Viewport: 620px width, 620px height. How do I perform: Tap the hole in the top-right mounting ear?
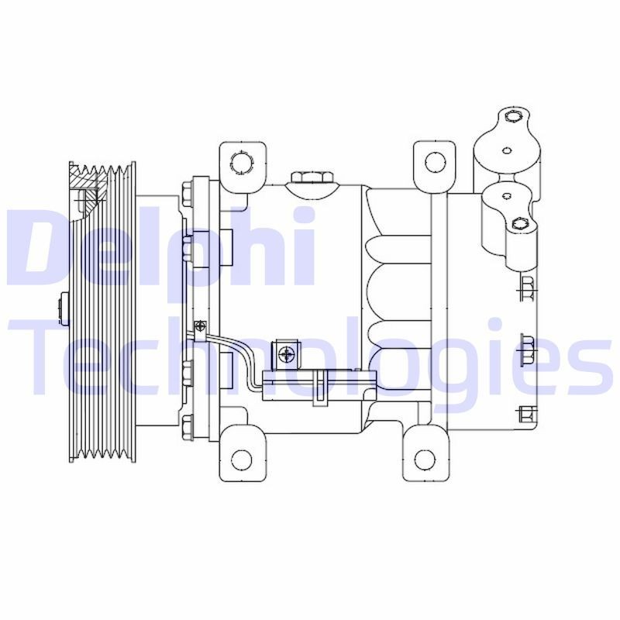(436, 162)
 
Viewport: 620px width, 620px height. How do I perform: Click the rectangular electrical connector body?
(319, 384)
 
